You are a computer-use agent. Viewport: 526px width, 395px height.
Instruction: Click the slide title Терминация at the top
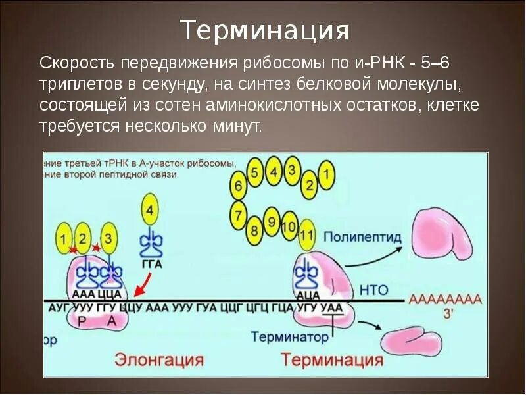tap(264, 30)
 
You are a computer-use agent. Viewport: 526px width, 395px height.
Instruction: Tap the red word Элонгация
tap(160, 359)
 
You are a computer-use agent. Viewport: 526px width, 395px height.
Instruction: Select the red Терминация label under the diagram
tap(332, 359)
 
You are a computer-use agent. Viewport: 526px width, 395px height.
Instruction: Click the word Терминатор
tap(289, 337)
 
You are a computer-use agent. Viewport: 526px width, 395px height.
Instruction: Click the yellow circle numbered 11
tap(306, 236)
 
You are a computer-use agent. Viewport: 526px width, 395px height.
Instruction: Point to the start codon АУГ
tap(57, 307)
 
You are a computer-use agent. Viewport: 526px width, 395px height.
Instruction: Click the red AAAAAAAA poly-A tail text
tap(445, 300)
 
